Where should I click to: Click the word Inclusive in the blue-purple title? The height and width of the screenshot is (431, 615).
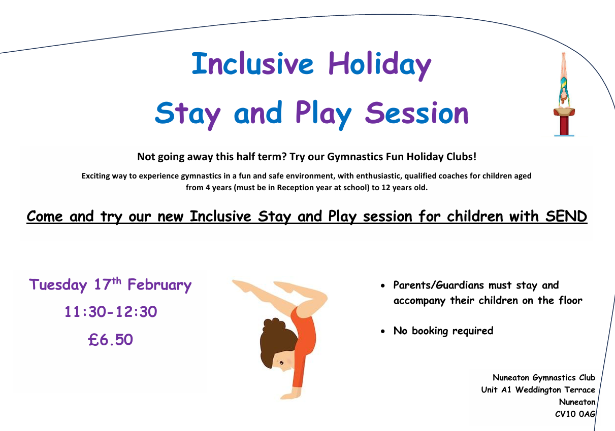(252, 63)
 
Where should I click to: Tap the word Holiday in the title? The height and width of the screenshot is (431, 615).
(380, 66)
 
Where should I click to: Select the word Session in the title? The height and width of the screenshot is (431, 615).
(417, 113)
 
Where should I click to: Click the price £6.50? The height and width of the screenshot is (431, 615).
(110, 339)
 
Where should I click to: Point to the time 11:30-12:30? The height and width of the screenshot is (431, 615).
(111, 312)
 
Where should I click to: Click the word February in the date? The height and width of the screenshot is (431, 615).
(159, 285)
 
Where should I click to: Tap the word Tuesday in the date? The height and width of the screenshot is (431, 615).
(58, 285)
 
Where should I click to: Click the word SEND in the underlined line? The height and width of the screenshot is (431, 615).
(566, 217)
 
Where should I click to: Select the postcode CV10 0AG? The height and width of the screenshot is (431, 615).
(575, 414)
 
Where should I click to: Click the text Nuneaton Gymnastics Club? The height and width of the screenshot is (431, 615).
(544, 378)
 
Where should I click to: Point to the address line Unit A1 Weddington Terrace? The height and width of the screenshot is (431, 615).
(538, 390)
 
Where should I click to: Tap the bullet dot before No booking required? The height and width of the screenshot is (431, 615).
(383, 332)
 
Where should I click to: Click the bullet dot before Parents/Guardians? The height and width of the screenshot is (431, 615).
(383, 286)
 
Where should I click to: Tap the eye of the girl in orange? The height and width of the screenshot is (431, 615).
(281, 363)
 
